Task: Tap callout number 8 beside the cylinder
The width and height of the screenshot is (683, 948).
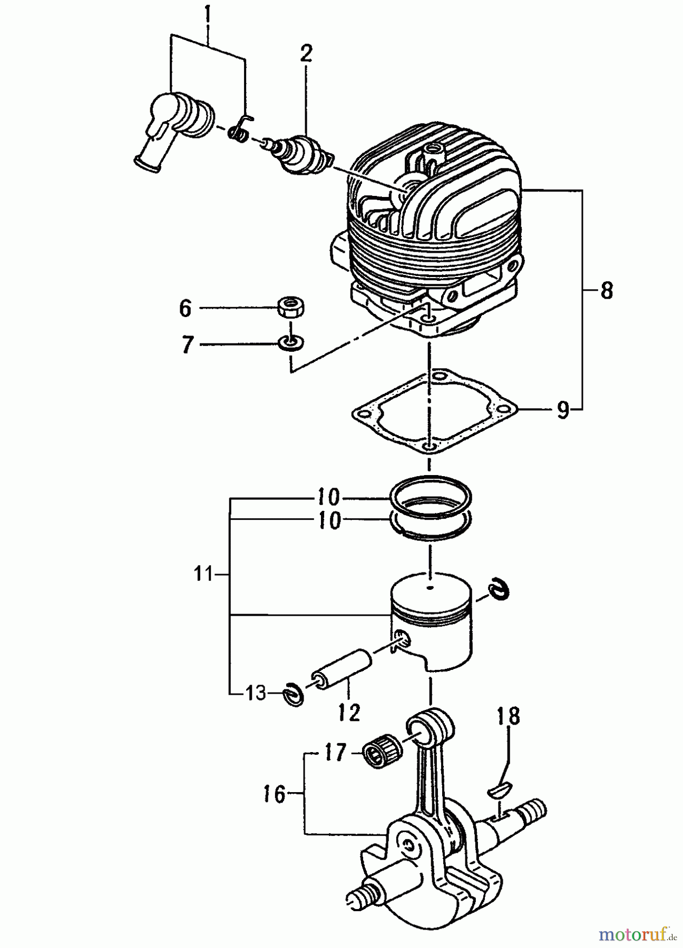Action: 607,291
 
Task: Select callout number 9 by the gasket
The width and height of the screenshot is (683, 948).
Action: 563,409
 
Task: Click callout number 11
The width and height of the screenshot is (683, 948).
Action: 202,574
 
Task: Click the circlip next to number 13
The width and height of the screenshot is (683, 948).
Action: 294,694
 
